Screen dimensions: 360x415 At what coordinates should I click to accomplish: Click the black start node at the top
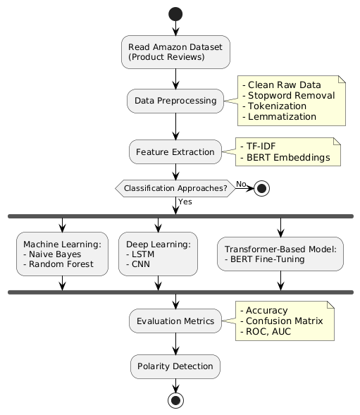click(175, 14)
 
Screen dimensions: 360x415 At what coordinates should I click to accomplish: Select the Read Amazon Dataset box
click(175, 52)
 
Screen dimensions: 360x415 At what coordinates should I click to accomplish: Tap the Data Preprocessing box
click(175, 101)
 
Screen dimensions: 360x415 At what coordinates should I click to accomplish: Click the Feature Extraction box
click(175, 151)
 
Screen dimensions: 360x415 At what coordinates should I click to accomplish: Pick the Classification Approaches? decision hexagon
click(175, 188)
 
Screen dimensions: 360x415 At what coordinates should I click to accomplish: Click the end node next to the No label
click(261, 188)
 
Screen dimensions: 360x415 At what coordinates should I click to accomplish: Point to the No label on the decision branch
click(241, 184)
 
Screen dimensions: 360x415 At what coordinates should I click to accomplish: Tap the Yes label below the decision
click(185, 202)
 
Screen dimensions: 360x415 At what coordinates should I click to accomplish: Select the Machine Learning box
click(62, 254)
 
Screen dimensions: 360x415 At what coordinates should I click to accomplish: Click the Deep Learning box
click(158, 254)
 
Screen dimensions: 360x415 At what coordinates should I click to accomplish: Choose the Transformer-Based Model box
click(280, 254)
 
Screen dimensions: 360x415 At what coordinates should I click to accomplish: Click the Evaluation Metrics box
click(175, 321)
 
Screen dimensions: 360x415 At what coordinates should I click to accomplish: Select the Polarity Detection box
click(175, 366)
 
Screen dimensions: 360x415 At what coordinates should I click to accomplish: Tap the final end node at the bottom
click(175, 400)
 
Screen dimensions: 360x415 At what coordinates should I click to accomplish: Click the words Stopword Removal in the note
click(292, 95)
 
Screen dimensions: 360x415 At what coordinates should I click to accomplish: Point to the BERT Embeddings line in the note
click(285, 158)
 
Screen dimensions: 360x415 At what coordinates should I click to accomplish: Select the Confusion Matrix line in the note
click(282, 321)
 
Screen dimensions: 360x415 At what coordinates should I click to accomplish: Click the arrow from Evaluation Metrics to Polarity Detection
click(175, 344)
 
